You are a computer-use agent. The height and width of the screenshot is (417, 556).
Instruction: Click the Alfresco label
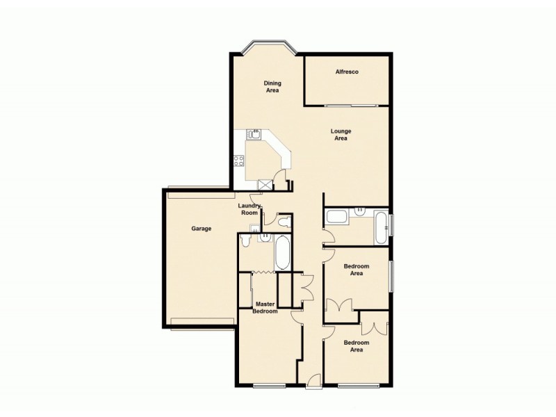click(346, 72)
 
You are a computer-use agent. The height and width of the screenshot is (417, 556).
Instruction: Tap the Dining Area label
click(272, 86)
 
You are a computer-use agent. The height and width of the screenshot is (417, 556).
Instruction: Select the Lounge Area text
click(341, 135)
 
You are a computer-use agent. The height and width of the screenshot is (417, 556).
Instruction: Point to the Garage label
click(202, 228)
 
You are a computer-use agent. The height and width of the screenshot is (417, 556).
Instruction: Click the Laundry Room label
click(249, 209)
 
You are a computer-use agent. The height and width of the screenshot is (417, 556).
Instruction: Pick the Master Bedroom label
click(265, 307)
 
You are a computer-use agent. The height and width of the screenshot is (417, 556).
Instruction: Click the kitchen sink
click(255, 135)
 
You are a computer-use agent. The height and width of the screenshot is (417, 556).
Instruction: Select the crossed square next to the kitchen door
click(264, 184)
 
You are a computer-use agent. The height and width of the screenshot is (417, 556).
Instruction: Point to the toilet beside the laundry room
click(283, 222)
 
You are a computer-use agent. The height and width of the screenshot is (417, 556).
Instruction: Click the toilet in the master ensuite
click(245, 240)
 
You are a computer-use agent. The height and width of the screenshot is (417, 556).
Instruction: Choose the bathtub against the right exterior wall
click(381, 227)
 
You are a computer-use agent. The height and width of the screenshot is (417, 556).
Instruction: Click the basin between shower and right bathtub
click(360, 210)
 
